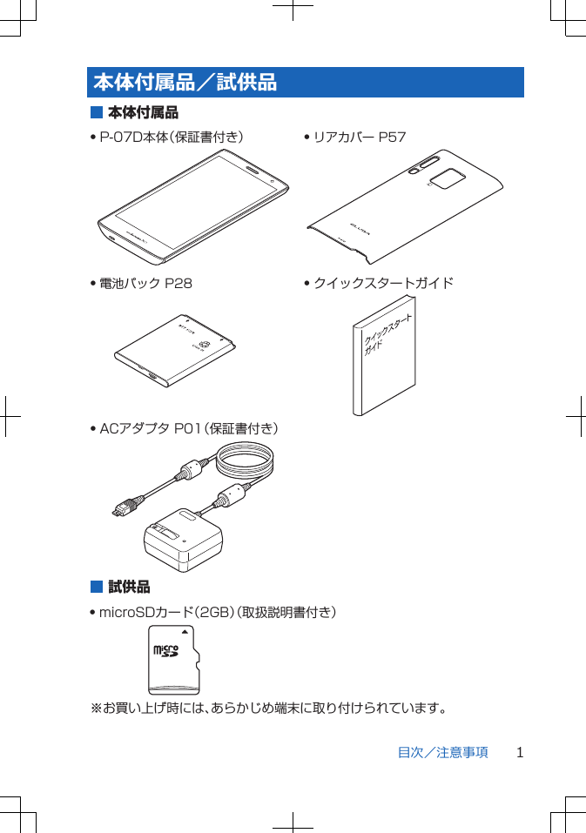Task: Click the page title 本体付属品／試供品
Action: pyautogui.click(x=185, y=83)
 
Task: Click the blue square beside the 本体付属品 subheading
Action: pyautogui.click(x=97, y=112)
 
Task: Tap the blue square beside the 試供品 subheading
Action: pyautogui.click(x=97, y=587)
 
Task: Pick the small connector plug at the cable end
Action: pyautogui.click(x=122, y=508)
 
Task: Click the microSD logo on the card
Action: pyautogui.click(x=165, y=650)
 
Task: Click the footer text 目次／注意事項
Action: pyautogui.click(x=442, y=752)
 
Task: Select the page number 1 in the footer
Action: pyautogui.click(x=520, y=752)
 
